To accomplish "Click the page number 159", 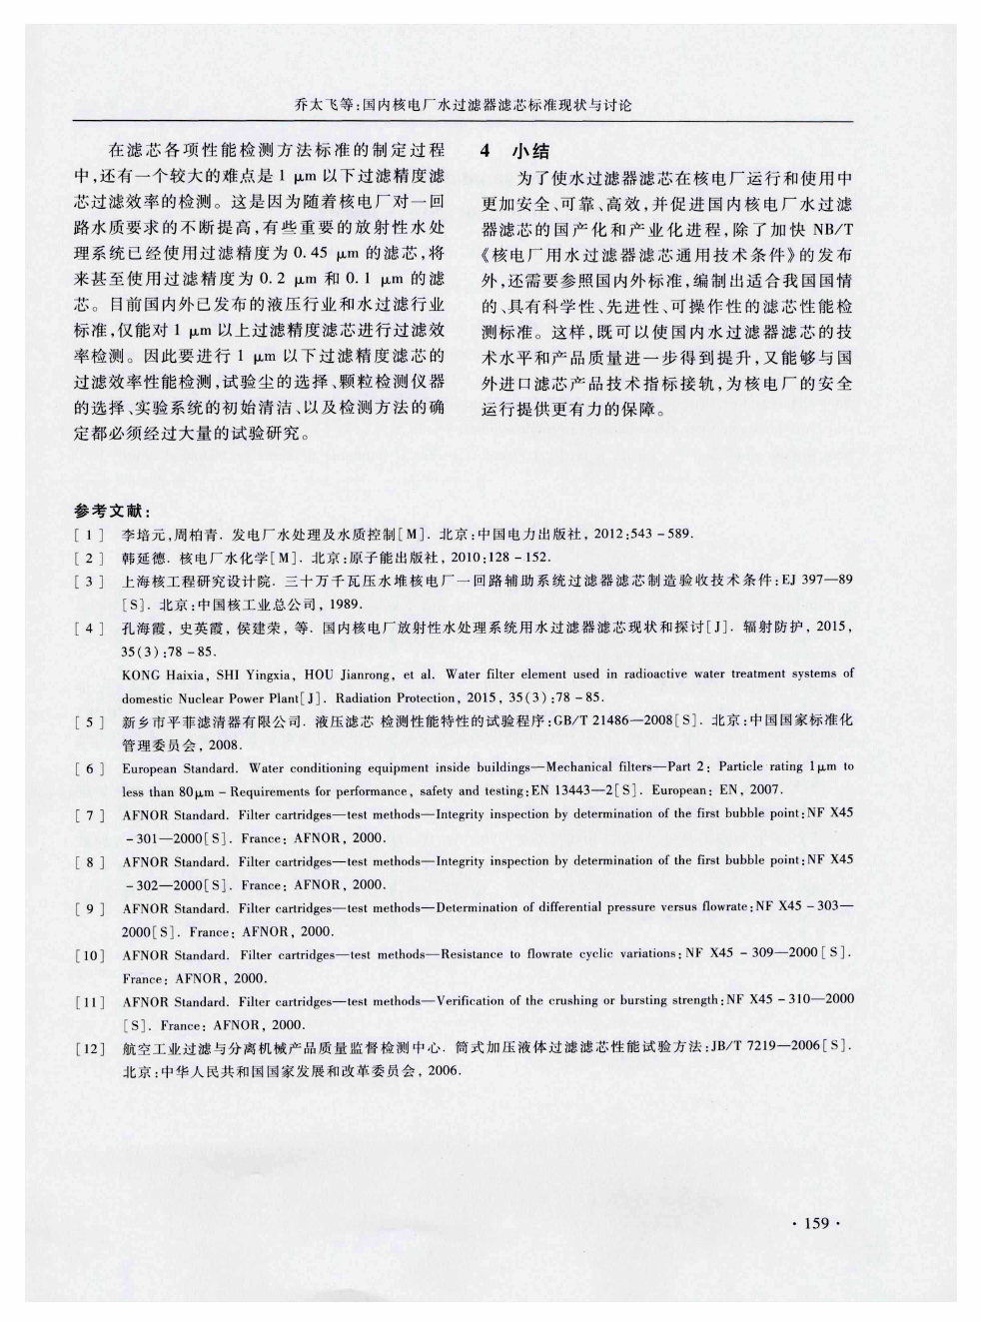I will [816, 1223].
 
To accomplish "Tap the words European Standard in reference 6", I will [179, 767].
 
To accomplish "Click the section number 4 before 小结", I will [487, 152].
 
